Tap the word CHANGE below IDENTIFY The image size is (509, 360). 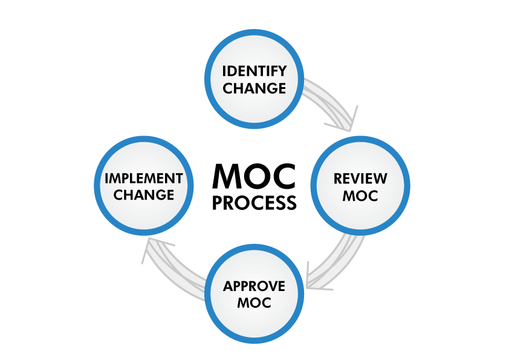coord(254,88)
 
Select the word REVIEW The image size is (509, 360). coord(360,178)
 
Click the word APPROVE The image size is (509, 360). coord(254,286)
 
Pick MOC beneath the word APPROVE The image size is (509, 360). coord(254,302)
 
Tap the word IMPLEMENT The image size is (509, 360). coord(144,178)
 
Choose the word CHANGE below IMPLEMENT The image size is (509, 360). coord(144,195)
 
